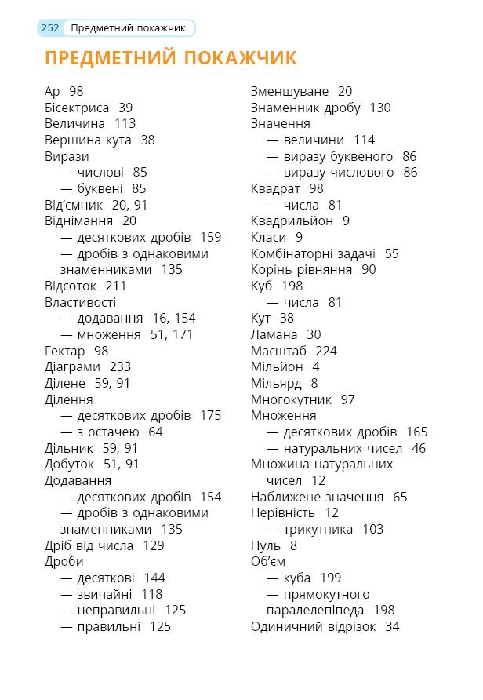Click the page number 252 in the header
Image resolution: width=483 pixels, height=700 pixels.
pos(50,28)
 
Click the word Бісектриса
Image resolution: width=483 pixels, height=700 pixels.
pos(77,108)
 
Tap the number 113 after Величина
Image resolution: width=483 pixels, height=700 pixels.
pos(125,123)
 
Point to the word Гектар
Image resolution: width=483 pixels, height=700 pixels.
pos(65,351)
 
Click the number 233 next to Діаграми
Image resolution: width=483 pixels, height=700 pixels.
pos(120,366)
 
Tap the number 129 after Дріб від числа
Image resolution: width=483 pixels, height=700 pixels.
pos(154,545)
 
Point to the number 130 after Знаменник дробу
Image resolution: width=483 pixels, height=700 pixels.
pos(379,108)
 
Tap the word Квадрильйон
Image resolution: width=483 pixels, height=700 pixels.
pos(292,221)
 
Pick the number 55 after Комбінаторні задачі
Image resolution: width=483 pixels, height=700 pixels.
pos(391,253)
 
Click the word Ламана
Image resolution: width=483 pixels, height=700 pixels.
pos(274,334)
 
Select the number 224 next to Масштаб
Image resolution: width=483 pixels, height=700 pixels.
pos(326,351)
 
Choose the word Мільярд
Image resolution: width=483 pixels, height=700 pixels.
pos(276,383)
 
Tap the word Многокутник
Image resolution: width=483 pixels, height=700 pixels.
pos(291,399)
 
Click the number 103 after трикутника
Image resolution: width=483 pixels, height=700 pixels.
pos(372,529)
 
